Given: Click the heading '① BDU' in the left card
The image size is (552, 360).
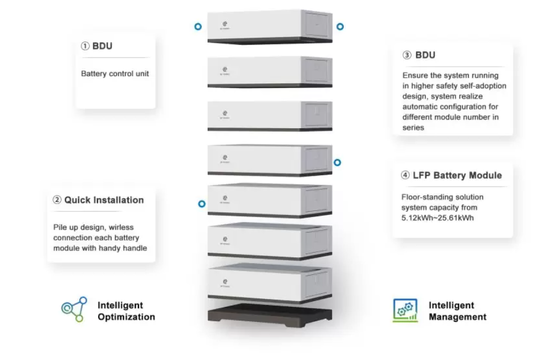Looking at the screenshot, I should pos(96,46).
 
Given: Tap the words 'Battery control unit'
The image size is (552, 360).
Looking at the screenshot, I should pos(115,74).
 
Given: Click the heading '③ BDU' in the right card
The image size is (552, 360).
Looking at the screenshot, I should pos(419,55).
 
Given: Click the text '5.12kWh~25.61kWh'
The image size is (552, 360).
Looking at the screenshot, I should pos(437,218).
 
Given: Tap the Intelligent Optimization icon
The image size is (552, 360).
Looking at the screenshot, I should pos(74,310).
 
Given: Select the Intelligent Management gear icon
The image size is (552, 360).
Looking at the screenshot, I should pos(405,310).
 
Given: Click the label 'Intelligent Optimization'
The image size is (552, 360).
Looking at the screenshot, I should pos(125,311).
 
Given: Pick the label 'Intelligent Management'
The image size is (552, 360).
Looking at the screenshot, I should pos(457,311).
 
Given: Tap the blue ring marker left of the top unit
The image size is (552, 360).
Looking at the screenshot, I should pos(198,27).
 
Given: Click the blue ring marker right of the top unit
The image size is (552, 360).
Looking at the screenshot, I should pos(340,27).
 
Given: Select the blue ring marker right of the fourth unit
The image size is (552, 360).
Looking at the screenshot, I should pos(337,163).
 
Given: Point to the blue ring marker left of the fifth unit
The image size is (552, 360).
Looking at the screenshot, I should pos(201,204).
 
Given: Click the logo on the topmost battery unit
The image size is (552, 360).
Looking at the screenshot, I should pos(225,24).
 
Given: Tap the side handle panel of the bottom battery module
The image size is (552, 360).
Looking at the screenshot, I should pos(317,282).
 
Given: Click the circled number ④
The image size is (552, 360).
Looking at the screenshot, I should pos(405,176).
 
